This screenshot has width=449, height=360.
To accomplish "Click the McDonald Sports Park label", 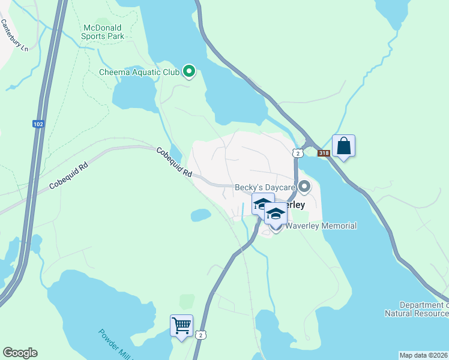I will click(104, 32).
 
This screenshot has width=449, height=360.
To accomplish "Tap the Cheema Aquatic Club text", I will click(139, 73).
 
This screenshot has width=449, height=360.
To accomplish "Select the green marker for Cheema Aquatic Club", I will click(189, 72).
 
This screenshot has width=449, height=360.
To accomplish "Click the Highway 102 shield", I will click(38, 124).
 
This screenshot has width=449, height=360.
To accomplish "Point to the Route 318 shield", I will click(324, 153).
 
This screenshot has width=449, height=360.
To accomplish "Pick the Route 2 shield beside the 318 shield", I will click(297, 153).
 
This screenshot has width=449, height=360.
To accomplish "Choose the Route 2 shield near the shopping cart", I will click(203, 334).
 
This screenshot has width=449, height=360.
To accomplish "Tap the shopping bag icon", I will click(343, 146).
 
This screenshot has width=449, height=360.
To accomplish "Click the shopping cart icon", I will click(181, 326).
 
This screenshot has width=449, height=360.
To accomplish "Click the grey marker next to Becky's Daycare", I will click(304, 187).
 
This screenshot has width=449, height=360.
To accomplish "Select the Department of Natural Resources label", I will click(416, 309).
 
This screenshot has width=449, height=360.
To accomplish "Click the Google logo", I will click(20, 353).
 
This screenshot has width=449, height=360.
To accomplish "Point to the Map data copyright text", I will click(423, 355).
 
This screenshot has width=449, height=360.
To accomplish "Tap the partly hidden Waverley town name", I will click(294, 205).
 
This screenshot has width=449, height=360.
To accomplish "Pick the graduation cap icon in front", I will click(276, 214).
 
